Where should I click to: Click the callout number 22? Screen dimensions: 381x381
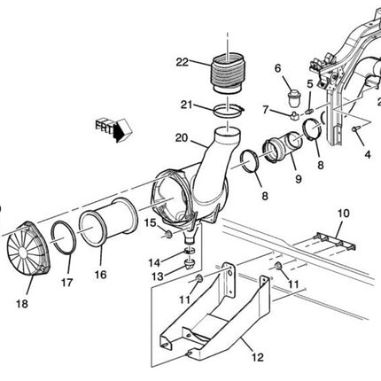tap(182, 62)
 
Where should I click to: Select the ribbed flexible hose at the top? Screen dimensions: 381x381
tap(228, 74)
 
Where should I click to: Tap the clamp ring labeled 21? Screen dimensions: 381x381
tap(229, 112)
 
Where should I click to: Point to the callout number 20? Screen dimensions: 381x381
tap(182, 138)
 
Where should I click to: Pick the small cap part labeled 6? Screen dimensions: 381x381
tap(293, 98)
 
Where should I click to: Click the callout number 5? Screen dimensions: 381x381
tap(309, 84)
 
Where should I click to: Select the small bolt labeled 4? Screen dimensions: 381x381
tap(355, 128)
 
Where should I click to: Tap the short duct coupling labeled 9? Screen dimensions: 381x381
tap(282, 147)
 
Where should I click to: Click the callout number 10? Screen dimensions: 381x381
tap(343, 214)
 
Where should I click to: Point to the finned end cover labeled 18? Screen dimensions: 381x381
tap(29, 249)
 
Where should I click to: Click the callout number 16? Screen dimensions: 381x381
tap(100, 275)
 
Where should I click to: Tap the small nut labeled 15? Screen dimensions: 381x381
tap(168, 235)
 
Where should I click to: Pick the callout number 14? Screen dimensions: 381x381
tap(154, 262)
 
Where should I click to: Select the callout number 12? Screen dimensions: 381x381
tap(258, 357)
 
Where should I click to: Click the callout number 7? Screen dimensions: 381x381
tap(265, 110)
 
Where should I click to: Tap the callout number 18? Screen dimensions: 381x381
tap(22, 303)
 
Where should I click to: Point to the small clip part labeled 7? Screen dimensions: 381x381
tap(294, 115)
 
